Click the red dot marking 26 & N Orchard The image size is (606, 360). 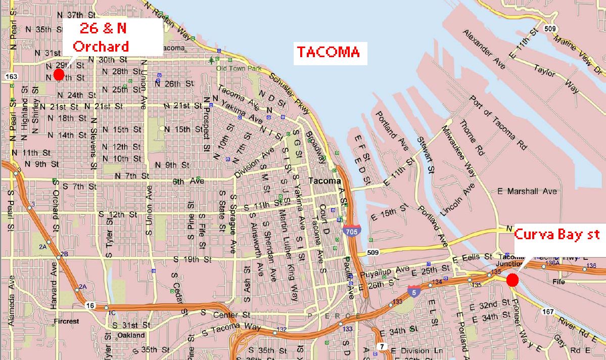tap(59, 75)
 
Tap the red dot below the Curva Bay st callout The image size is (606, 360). tap(512, 280)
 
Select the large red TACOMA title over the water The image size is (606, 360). tap(329, 52)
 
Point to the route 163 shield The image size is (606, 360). tap(11, 76)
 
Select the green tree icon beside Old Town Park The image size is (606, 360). tap(211, 60)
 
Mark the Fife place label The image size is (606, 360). tap(558, 281)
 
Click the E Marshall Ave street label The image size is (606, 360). tap(527, 192)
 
